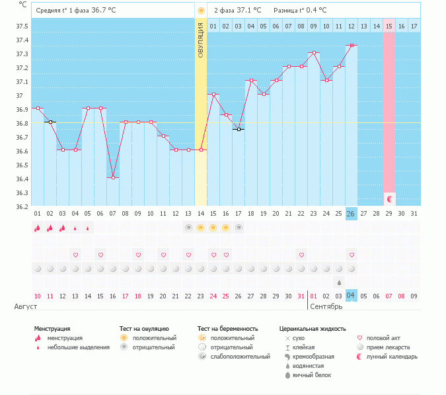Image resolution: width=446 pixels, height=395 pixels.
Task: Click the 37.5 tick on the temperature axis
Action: point(22,26)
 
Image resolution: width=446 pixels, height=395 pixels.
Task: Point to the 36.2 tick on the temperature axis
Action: point(22,206)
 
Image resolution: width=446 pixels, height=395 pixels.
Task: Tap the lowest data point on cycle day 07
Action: point(113,177)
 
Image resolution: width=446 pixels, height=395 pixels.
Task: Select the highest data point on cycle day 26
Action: point(352,45)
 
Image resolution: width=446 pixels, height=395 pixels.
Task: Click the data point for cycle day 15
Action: point(213,94)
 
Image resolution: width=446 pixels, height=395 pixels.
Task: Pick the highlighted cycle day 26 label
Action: point(352,214)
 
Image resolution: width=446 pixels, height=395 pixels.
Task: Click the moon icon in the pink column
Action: point(389,198)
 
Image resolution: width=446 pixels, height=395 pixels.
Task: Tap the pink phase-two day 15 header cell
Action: point(389,26)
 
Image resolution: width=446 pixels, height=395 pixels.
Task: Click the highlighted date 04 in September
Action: point(352,295)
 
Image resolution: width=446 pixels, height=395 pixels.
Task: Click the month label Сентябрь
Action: point(326,307)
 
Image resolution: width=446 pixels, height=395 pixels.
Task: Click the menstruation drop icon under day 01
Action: point(38,228)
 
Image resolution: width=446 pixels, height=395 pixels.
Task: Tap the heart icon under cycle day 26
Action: point(352,255)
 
